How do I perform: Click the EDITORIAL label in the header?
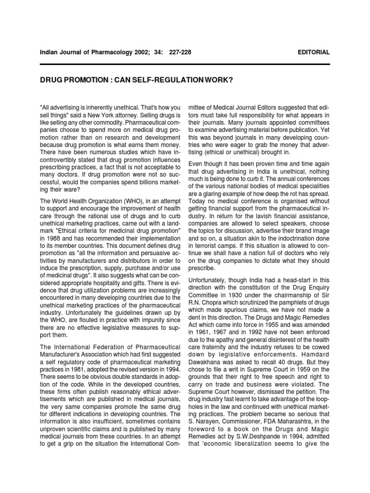coord(314,52)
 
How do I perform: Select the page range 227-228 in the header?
coord(180,52)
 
